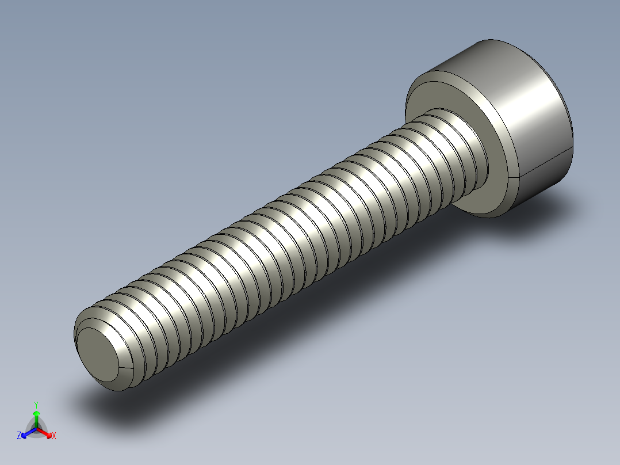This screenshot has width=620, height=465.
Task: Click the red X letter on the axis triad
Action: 53,436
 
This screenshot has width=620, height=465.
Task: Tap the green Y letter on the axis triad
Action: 36,405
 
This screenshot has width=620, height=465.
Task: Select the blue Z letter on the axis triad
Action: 19,436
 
